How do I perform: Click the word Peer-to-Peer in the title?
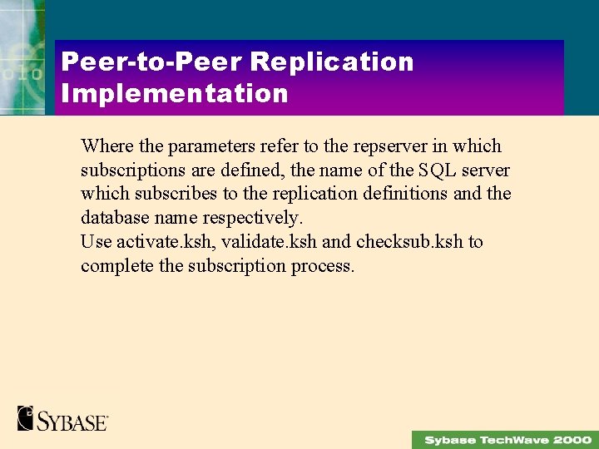(151, 62)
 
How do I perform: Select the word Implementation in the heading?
(175, 93)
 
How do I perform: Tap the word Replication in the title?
(331, 62)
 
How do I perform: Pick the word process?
(323, 267)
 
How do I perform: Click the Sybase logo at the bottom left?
(63, 417)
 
